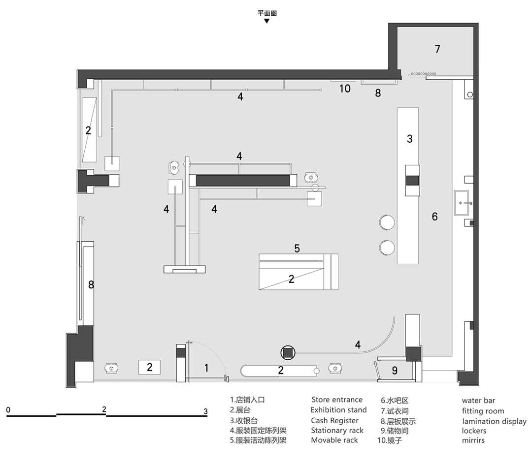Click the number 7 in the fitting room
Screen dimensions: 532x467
click(x=437, y=49)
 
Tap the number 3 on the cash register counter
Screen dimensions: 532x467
click(x=409, y=139)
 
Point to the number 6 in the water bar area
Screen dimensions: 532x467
click(x=434, y=217)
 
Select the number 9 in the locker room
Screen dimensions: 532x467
click(x=395, y=371)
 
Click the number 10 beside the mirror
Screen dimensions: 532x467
click(x=345, y=89)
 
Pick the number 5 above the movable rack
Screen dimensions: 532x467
click(x=297, y=249)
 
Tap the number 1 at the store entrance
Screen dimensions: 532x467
click(x=206, y=368)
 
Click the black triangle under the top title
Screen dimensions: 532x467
click(x=266, y=21)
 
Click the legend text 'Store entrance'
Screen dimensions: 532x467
click(x=337, y=400)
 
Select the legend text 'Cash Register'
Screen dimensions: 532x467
click(x=334, y=421)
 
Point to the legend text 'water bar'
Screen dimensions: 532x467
click(x=478, y=401)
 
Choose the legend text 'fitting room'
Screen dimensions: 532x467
click(x=483, y=411)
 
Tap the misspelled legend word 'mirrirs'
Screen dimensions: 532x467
click(x=473, y=440)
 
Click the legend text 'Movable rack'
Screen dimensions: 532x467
click(x=334, y=440)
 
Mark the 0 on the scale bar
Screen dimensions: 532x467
click(x=8, y=410)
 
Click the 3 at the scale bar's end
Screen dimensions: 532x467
click(x=205, y=411)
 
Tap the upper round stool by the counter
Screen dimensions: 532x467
click(x=387, y=222)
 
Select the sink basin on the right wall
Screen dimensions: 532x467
click(x=463, y=203)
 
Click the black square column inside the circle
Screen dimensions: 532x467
click(x=288, y=353)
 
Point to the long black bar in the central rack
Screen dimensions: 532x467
click(x=243, y=180)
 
